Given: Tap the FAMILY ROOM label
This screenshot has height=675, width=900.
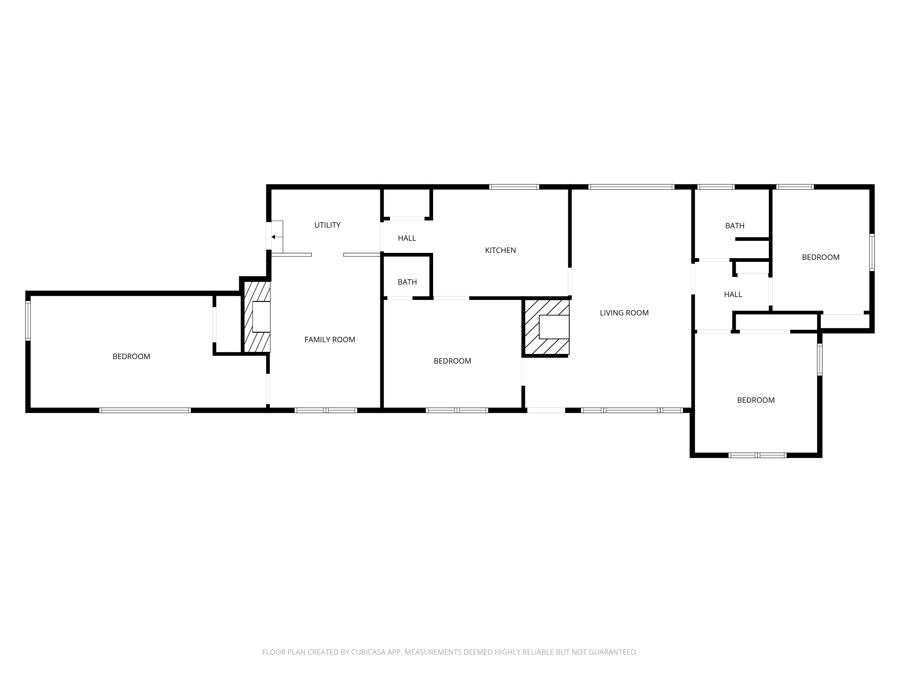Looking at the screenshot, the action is (x=330, y=340).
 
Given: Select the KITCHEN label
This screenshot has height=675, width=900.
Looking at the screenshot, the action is (x=500, y=250).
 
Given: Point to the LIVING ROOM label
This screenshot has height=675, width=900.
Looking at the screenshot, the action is (x=624, y=313).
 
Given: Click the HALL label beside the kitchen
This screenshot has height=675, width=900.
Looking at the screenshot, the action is (x=407, y=238).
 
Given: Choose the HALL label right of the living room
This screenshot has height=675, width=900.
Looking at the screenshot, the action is (x=733, y=294).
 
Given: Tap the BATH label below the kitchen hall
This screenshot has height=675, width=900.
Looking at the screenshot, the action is (x=407, y=282).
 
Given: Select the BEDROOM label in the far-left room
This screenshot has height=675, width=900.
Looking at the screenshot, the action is (x=131, y=356).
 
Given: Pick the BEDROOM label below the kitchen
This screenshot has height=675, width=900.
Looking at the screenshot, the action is (x=452, y=361).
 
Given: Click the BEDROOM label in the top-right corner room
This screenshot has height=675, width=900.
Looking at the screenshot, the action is (x=821, y=257).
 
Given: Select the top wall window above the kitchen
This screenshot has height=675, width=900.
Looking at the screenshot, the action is (x=514, y=187).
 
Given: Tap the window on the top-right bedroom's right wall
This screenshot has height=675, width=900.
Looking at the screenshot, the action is (x=872, y=252).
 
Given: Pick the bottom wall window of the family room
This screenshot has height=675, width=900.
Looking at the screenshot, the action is (x=326, y=410).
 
